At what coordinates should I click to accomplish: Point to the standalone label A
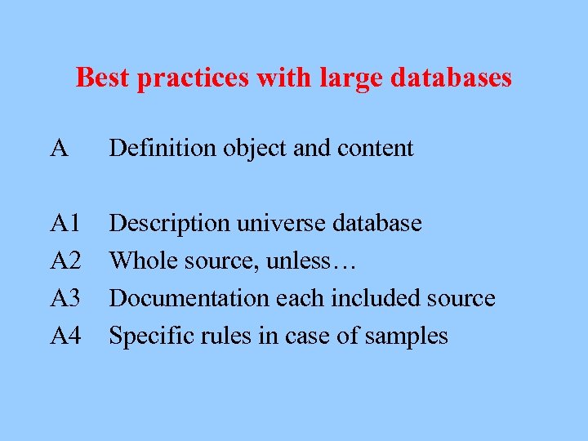click(58, 148)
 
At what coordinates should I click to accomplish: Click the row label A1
click(65, 223)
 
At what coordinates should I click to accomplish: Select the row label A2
click(65, 261)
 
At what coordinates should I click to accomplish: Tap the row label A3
click(65, 298)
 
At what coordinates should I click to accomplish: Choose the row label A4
click(65, 336)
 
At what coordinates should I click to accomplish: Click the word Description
click(164, 223)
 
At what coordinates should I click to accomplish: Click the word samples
click(408, 336)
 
